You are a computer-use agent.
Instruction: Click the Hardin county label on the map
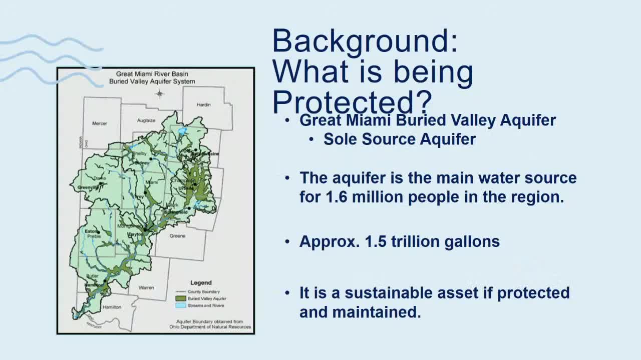[x=203, y=105]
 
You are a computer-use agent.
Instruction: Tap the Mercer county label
[x=100, y=123]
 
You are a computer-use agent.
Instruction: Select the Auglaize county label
[x=146, y=120]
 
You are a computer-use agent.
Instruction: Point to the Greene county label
[x=177, y=235]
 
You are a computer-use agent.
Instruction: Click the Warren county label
[x=146, y=287]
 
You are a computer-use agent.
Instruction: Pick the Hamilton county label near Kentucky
[x=111, y=307]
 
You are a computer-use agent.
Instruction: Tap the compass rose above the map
[x=160, y=93]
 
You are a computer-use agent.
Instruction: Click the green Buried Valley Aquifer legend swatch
[x=180, y=298]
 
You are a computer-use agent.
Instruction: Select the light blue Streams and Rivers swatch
[x=180, y=305]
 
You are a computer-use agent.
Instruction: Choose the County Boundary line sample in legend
[x=180, y=291]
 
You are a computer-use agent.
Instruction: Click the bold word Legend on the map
[x=201, y=282]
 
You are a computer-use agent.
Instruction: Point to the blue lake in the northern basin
[x=182, y=131]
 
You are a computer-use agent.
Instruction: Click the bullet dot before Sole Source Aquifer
[x=311, y=139]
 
